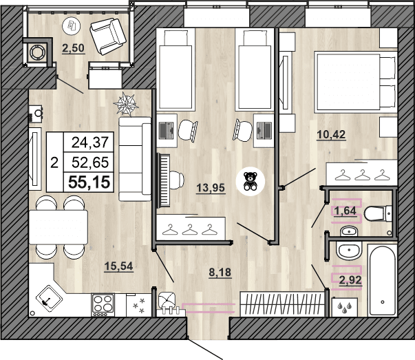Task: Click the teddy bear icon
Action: click(249, 180)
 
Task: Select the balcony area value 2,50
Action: click(74, 48)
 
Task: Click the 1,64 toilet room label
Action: click(346, 211)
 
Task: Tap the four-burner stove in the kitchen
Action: click(103, 303)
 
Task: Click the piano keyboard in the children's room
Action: click(164, 180)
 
